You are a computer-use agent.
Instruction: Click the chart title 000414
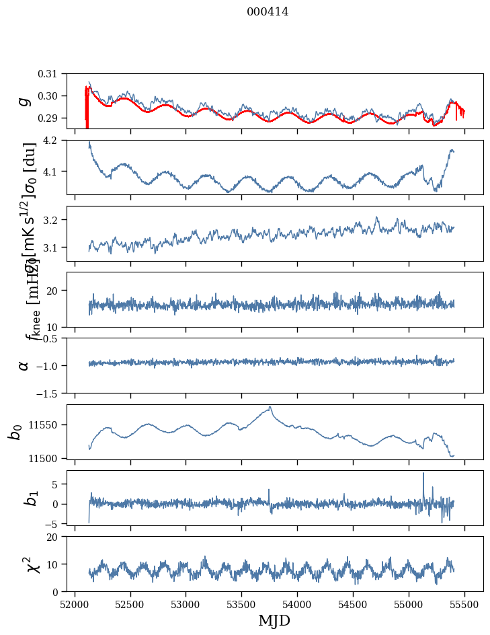click(268, 11)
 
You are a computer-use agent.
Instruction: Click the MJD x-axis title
click(274, 620)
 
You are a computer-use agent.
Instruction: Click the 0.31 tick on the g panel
click(53, 74)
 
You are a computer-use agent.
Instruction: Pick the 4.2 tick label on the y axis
click(56, 141)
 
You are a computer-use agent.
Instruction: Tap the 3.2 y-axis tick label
click(56, 220)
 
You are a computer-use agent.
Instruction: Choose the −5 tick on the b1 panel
click(58, 523)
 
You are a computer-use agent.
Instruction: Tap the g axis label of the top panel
click(24, 101)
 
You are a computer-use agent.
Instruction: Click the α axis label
click(24, 365)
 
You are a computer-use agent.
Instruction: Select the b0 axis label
click(15, 431)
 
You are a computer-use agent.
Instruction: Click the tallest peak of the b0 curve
click(270, 406)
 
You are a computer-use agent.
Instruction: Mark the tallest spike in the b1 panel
click(423, 473)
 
